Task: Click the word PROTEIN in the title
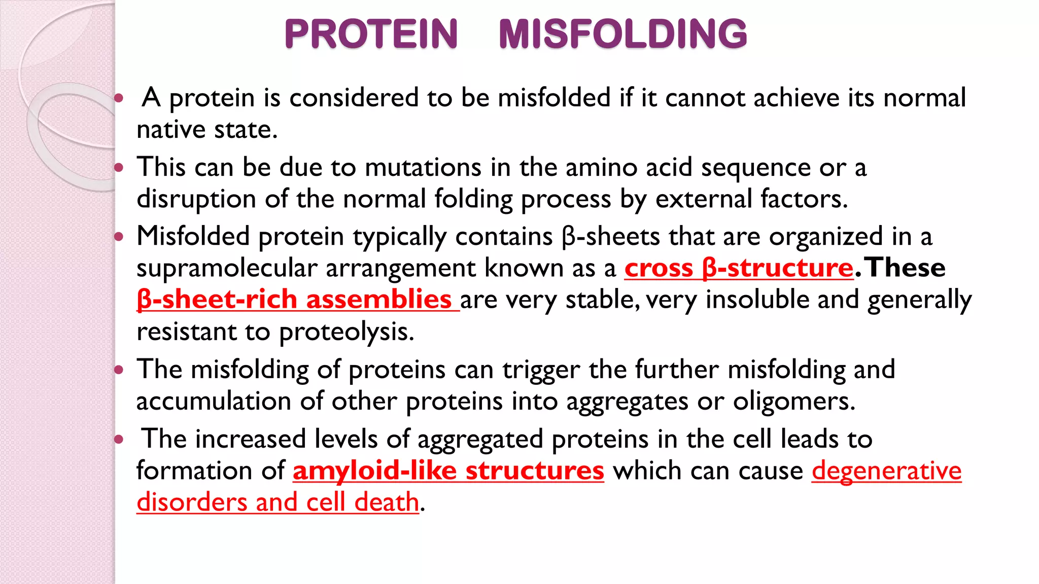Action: pyautogui.click(x=371, y=34)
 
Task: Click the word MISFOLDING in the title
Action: pyautogui.click(x=622, y=34)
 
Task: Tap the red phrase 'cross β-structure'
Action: pyautogui.click(x=739, y=268)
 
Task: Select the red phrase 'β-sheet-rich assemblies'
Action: pyautogui.click(x=294, y=299)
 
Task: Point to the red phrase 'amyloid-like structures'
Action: pyautogui.click(x=448, y=470)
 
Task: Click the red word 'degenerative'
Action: pyautogui.click(x=886, y=470)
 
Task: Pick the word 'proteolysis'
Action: pyautogui.click(x=346, y=332)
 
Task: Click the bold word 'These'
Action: pyautogui.click(x=906, y=268)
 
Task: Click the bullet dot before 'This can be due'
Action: pyautogui.click(x=119, y=167)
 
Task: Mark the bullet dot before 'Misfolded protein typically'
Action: pyautogui.click(x=119, y=236)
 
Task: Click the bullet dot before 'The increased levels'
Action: pyautogui.click(x=119, y=439)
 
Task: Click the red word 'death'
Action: pyautogui.click(x=387, y=502)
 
